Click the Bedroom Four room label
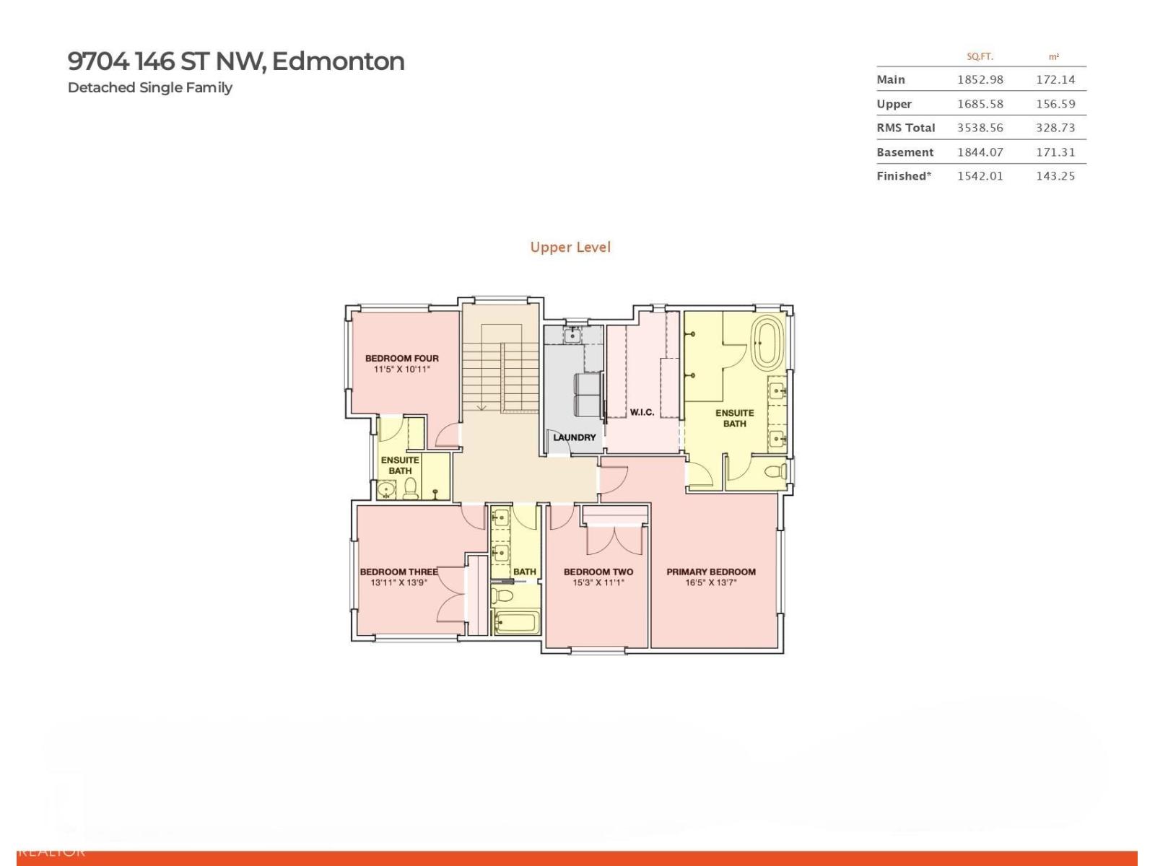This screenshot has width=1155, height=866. (x=401, y=358)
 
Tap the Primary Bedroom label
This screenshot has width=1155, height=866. (x=710, y=572)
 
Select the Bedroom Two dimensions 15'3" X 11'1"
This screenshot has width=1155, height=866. (x=598, y=582)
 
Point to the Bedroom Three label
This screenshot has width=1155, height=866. (x=398, y=572)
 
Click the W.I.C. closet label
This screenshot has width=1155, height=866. (x=642, y=412)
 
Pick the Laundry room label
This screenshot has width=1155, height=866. (x=574, y=437)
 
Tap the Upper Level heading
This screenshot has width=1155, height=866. (x=570, y=247)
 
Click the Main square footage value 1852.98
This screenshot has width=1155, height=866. (x=980, y=79)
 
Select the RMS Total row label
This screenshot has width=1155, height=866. (x=905, y=128)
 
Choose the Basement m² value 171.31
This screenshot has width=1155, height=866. (x=1055, y=152)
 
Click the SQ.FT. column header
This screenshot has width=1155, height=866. (x=980, y=56)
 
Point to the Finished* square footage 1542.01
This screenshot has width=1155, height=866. (x=980, y=176)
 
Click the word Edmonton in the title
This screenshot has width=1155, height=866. (x=338, y=61)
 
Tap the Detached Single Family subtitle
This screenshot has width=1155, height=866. (x=149, y=87)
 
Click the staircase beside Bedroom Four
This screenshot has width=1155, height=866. (x=500, y=368)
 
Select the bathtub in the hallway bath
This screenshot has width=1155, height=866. (x=516, y=622)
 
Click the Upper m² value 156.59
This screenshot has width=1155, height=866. (x=1055, y=104)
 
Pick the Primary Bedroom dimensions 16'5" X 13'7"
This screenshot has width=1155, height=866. (x=710, y=582)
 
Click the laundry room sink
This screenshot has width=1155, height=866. (x=572, y=335)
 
